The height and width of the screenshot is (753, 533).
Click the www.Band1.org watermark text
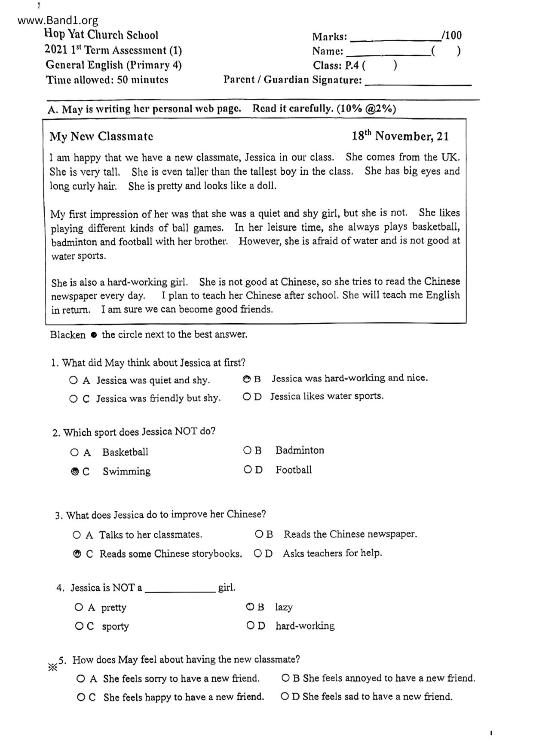[x=58, y=20]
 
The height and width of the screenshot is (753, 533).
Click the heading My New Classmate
[x=101, y=137]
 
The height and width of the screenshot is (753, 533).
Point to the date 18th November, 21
[x=400, y=136]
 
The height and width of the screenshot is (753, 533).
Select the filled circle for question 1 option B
[x=246, y=379]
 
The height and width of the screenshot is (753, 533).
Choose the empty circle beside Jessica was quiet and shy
[x=73, y=380]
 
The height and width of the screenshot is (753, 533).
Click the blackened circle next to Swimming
[x=74, y=471]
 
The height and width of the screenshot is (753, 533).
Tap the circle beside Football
[x=248, y=470]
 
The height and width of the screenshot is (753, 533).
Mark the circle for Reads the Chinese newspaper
[x=259, y=534]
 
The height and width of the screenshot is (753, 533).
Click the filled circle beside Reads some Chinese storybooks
[x=77, y=554]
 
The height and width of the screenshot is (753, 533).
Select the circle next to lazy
[x=250, y=607]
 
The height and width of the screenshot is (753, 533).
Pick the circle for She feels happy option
[x=80, y=697]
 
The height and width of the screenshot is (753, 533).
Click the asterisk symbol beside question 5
[x=52, y=668]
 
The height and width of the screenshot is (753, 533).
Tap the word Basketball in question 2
[x=125, y=452]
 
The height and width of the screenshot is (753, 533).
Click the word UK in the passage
[x=450, y=157]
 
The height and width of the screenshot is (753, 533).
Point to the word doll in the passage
[x=266, y=186]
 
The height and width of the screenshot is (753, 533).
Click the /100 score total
[x=451, y=36]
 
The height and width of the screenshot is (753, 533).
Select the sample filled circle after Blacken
[x=93, y=335]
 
